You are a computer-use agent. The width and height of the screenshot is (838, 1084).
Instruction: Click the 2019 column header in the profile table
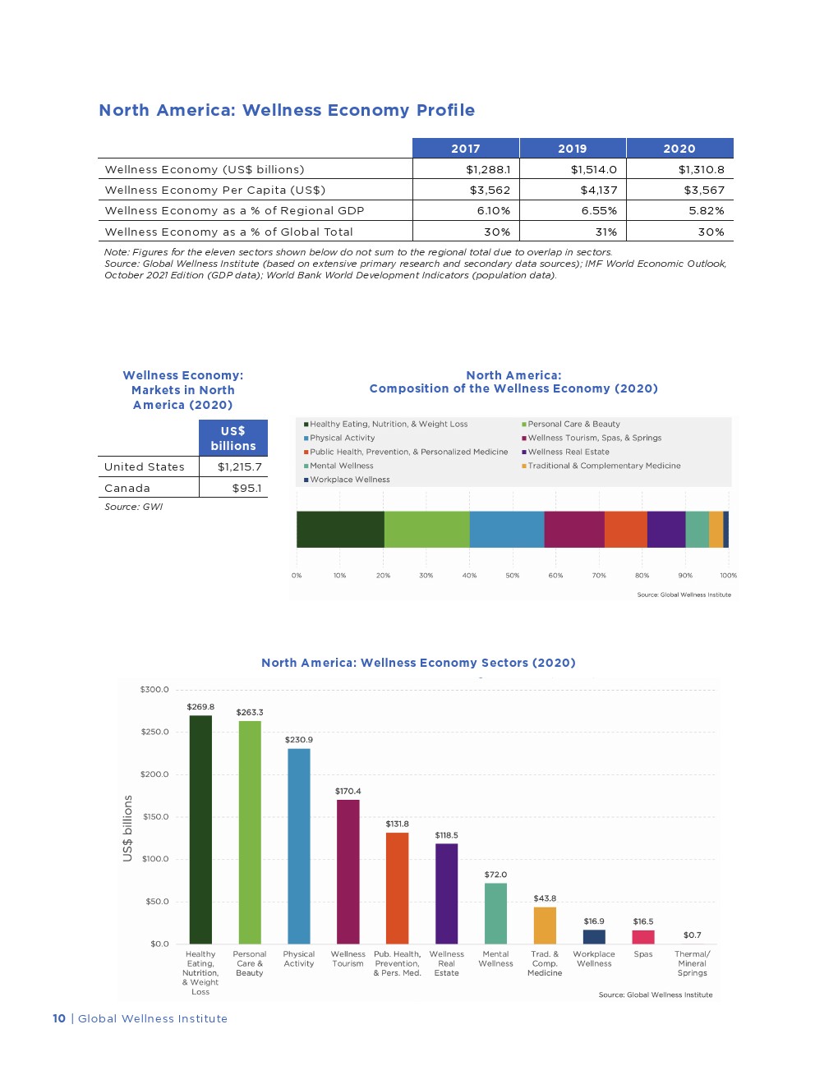click(572, 149)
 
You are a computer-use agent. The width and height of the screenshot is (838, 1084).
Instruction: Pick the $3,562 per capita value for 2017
click(490, 191)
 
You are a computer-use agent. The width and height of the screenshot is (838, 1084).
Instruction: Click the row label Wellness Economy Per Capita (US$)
click(215, 191)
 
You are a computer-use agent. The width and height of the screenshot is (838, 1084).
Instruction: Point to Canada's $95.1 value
click(246, 489)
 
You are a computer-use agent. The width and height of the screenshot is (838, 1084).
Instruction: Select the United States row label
click(145, 467)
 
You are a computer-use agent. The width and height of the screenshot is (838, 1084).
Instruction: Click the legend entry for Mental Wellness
click(341, 466)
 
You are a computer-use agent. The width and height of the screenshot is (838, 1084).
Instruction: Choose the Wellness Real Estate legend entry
click(569, 452)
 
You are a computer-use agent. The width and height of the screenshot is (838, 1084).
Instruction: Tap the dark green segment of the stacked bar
click(340, 529)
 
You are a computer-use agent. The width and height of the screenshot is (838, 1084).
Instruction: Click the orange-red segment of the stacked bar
click(625, 529)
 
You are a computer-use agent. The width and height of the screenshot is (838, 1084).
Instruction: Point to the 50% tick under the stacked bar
click(513, 576)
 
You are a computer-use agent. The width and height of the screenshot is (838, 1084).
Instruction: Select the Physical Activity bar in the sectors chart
click(299, 846)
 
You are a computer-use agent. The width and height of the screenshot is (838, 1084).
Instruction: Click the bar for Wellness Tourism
click(348, 871)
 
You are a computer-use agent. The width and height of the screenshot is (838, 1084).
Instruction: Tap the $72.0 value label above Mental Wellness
click(495, 875)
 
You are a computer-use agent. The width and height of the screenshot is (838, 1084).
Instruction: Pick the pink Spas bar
click(643, 937)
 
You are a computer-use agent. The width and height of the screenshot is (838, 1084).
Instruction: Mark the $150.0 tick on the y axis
click(155, 817)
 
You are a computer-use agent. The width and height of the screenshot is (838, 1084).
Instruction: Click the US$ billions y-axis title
click(127, 828)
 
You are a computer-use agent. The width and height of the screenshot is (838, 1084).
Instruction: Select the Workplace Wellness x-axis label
click(594, 959)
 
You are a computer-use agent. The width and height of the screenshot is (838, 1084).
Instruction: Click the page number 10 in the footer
click(59, 1019)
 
